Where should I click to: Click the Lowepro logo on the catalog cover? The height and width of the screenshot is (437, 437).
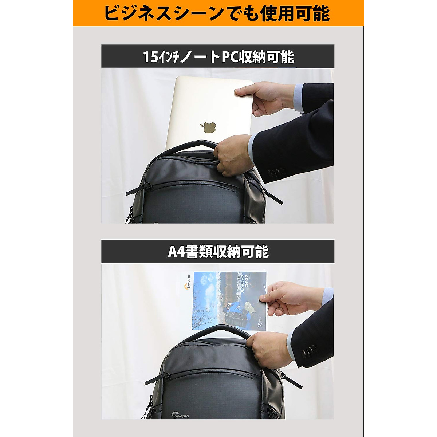(188, 283)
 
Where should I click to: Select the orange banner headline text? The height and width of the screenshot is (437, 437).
(217, 13)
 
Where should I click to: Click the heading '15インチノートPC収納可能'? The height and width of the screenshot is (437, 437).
(218, 57)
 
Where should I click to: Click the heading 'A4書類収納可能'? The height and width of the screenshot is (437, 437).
(218, 252)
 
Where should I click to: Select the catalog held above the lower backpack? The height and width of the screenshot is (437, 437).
(226, 300)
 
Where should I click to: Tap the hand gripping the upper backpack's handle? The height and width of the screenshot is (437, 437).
(233, 155)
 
